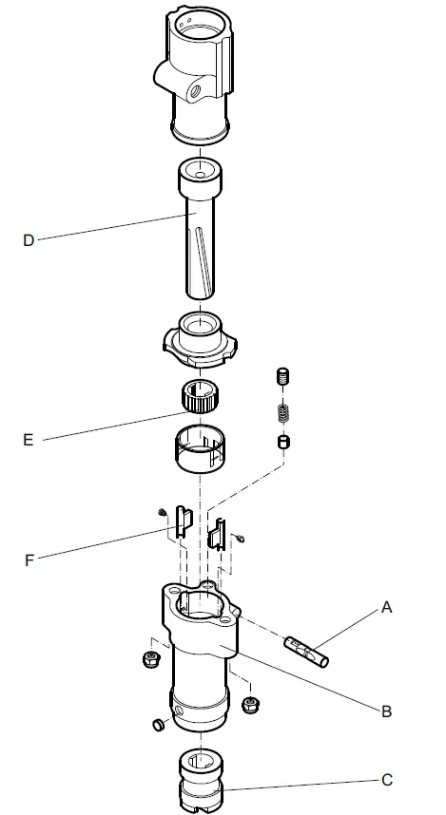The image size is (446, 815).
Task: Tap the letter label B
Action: pos(388,711)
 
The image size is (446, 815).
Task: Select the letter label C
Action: pos(387,781)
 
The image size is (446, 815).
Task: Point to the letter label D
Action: pos(29,240)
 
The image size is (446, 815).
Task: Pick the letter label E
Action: pos(29,440)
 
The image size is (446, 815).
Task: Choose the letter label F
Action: pos(29,559)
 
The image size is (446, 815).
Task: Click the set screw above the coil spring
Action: pos(282,377)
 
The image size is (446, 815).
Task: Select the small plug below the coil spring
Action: pos(282,442)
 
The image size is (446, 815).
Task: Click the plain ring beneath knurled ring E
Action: pos(200,449)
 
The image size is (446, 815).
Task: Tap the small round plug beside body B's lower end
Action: pos(155,727)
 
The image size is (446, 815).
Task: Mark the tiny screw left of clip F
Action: pos(162,515)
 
